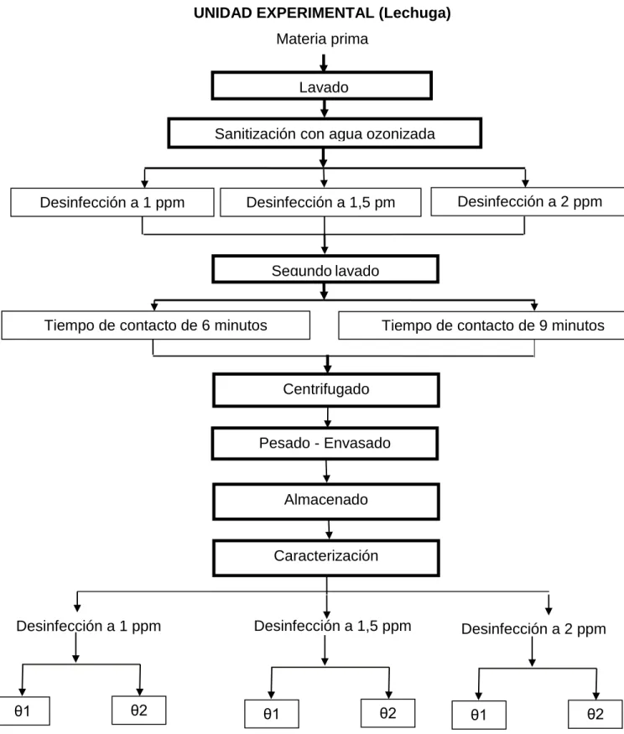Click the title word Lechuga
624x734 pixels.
coord(414,13)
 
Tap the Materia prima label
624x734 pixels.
coord(322,39)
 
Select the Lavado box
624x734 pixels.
coord(321,86)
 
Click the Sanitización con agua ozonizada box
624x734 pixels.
coord(325,133)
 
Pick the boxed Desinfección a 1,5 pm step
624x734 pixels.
coord(320,202)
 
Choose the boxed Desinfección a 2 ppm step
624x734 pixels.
coord(528,201)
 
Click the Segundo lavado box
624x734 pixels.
coord(325,269)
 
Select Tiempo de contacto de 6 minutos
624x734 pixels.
coord(156,325)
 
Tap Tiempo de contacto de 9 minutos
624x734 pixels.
coord(481,325)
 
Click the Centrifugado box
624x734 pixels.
coord(326,390)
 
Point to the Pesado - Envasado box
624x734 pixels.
coord(325,443)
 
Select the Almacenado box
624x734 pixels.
coord(326,502)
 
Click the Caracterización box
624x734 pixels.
coord(326,558)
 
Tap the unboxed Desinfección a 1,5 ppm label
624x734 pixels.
coord(333,626)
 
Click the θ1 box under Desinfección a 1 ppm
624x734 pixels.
coord(23,711)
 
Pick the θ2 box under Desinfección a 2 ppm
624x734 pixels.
coord(595,714)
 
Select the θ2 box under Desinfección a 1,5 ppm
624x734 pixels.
coord(388,713)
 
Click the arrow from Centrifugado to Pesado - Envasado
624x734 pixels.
coord(327,417)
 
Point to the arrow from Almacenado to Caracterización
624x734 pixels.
coord(329,530)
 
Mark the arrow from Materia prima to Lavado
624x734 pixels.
coord(324,63)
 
